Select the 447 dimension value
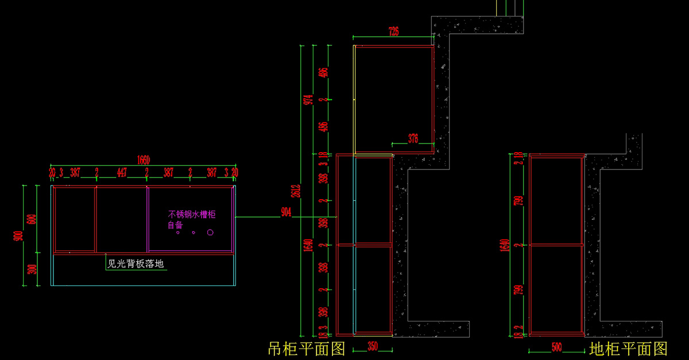(122, 172)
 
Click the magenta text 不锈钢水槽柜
(192, 214)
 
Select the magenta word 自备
(175, 224)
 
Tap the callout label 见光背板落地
(136, 264)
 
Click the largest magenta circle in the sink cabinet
(210, 232)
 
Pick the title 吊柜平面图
(307, 348)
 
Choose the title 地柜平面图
(628, 348)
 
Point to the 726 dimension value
(393, 32)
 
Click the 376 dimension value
(413, 138)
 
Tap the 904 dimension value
(285, 212)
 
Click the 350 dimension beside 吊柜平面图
(373, 347)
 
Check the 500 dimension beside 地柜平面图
(556, 347)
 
